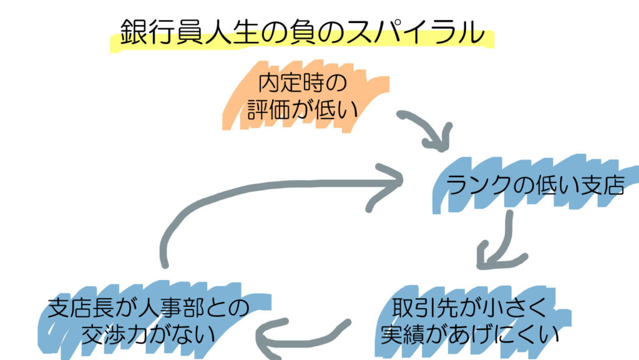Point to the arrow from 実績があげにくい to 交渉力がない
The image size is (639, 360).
point(300,337)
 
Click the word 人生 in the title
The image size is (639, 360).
point(229,32)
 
